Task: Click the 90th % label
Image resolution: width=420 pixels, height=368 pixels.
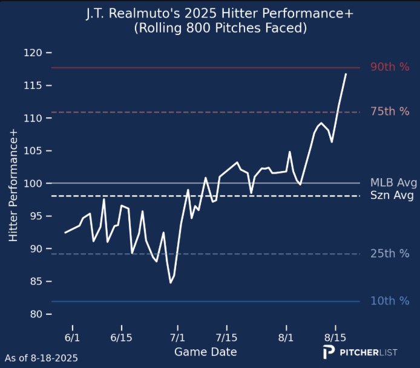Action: click(x=390, y=67)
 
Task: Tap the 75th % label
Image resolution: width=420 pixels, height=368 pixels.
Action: click(x=390, y=111)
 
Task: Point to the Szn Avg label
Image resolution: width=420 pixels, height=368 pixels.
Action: click(x=392, y=196)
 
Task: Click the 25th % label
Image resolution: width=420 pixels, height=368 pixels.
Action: click(x=390, y=254)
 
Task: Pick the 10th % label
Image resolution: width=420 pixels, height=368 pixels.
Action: click(x=390, y=300)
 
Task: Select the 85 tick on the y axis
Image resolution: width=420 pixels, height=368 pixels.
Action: click(x=36, y=282)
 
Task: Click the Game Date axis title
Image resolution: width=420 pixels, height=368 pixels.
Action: click(x=205, y=352)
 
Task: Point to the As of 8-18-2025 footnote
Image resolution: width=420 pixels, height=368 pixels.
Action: click(x=41, y=358)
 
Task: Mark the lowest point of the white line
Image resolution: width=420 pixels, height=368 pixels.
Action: click(x=171, y=283)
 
